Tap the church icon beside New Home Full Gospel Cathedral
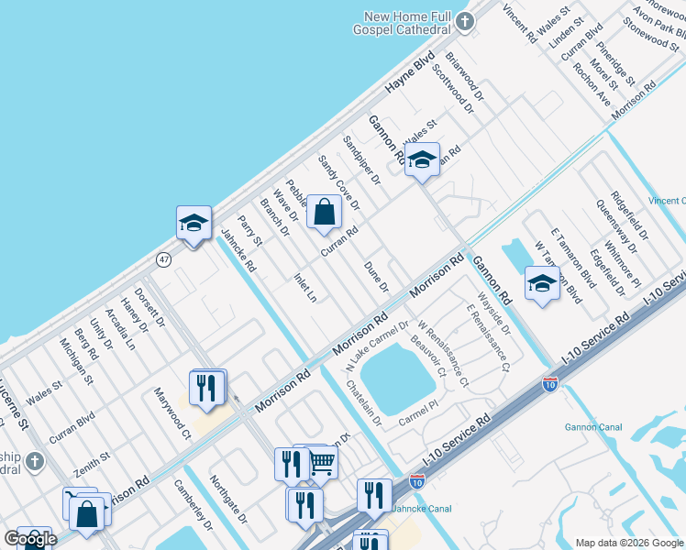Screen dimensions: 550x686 pyautogui.click(x=466, y=21)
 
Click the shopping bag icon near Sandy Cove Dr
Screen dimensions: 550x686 pyautogui.click(x=325, y=212)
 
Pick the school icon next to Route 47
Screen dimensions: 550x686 pyautogui.click(x=194, y=223)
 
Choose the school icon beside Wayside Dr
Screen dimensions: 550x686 pyautogui.click(x=542, y=283)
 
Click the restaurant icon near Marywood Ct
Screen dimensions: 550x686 pyautogui.click(x=207, y=387)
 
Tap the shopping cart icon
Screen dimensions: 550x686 pyautogui.click(x=321, y=463)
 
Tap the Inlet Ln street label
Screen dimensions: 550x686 pyautogui.click(x=305, y=287)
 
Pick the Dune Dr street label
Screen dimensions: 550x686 pyautogui.click(x=377, y=276)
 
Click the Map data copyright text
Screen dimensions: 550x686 pyautogui.click(x=629, y=542)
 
